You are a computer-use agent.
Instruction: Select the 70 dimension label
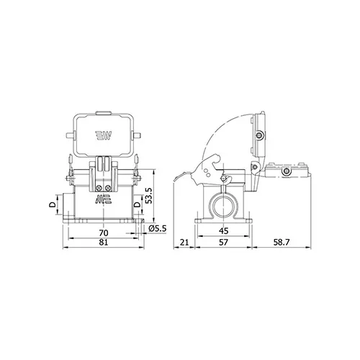click(104, 233)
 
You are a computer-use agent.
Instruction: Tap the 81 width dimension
click(104, 242)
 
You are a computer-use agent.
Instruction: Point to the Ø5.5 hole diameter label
click(158, 228)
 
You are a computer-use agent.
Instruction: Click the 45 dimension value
click(223, 231)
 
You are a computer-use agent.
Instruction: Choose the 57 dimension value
click(223, 242)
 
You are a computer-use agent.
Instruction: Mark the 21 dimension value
click(184, 242)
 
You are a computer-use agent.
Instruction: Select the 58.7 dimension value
click(282, 242)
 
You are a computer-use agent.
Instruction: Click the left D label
click(53, 204)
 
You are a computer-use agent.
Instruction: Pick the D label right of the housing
click(137, 204)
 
